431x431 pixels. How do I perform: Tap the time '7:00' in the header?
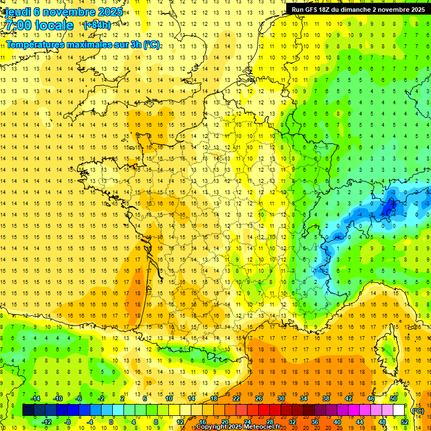coord(21,25)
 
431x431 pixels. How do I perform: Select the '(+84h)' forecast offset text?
coord(97,25)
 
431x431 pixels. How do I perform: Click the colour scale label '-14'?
coord(35,398)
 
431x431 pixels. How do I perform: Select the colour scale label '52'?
coord(404,422)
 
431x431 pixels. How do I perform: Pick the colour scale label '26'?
coord(259,398)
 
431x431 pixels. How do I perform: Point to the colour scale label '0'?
coord(111,422)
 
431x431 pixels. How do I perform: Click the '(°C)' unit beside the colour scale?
coord(418,410)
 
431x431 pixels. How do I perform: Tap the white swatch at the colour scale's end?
coord(399,410)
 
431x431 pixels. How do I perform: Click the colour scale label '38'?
coord(326,398)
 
